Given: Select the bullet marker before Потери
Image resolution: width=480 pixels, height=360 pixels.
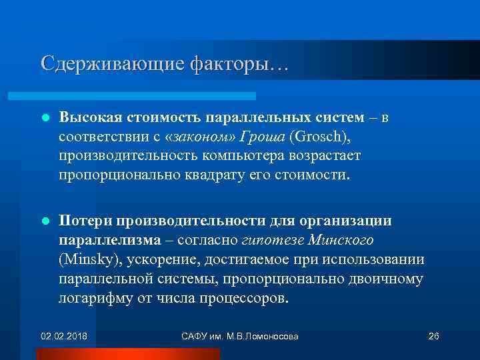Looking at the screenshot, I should pos(45,221).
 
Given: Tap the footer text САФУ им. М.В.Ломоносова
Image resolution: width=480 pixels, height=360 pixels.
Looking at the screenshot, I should pos(239,335).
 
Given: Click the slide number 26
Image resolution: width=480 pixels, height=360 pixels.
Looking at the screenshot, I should pos(433,335).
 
